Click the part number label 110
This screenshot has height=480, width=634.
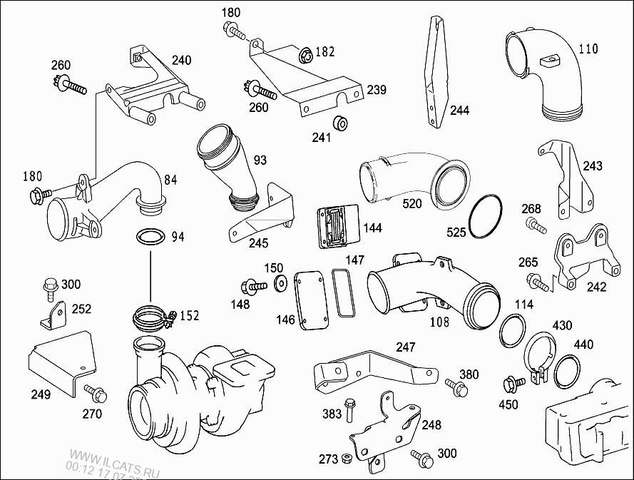[x=588, y=49]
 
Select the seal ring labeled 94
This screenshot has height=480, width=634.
[x=149, y=237]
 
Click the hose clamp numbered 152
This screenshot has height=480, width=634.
[x=153, y=316]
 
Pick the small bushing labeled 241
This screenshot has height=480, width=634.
[x=342, y=123]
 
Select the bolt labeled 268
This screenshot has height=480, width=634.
[x=536, y=226]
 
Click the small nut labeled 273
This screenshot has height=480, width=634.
[x=346, y=458]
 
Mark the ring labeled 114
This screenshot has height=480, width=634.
[x=512, y=329]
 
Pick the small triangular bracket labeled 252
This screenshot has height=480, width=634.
[x=52, y=315]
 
